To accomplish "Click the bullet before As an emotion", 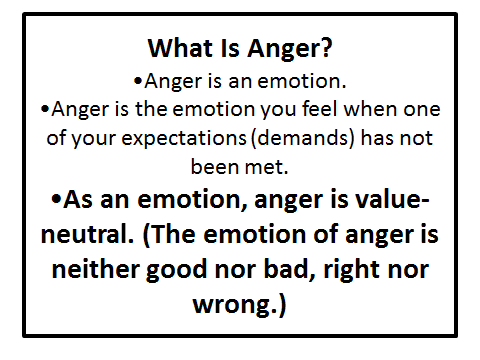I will tap(57, 199).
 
